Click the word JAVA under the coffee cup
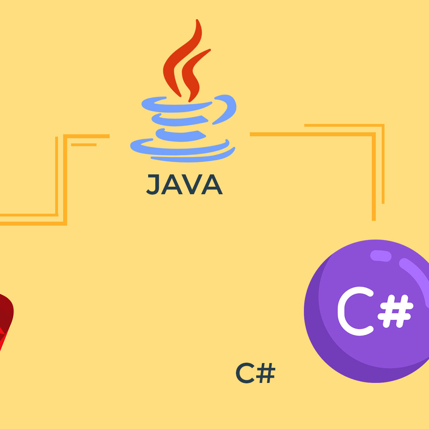pyautogui.click(x=184, y=184)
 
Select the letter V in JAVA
pyautogui.click(x=192, y=184)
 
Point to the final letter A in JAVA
pyautogui.click(x=212, y=184)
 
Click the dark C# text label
pyautogui.click(x=255, y=373)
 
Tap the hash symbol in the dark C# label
pyautogui.click(x=266, y=373)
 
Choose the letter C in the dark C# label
pyautogui.click(x=245, y=373)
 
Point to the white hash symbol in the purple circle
pyautogui.click(x=395, y=311)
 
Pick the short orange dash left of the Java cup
pyautogui.click(x=84, y=145)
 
